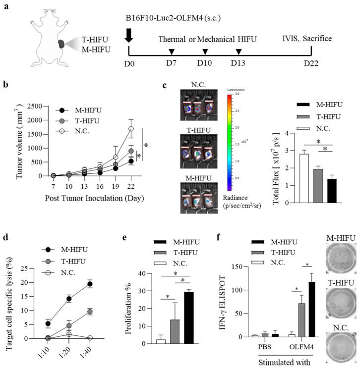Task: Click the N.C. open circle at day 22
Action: pos(131,129)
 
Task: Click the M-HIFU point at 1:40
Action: pos(131,284)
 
